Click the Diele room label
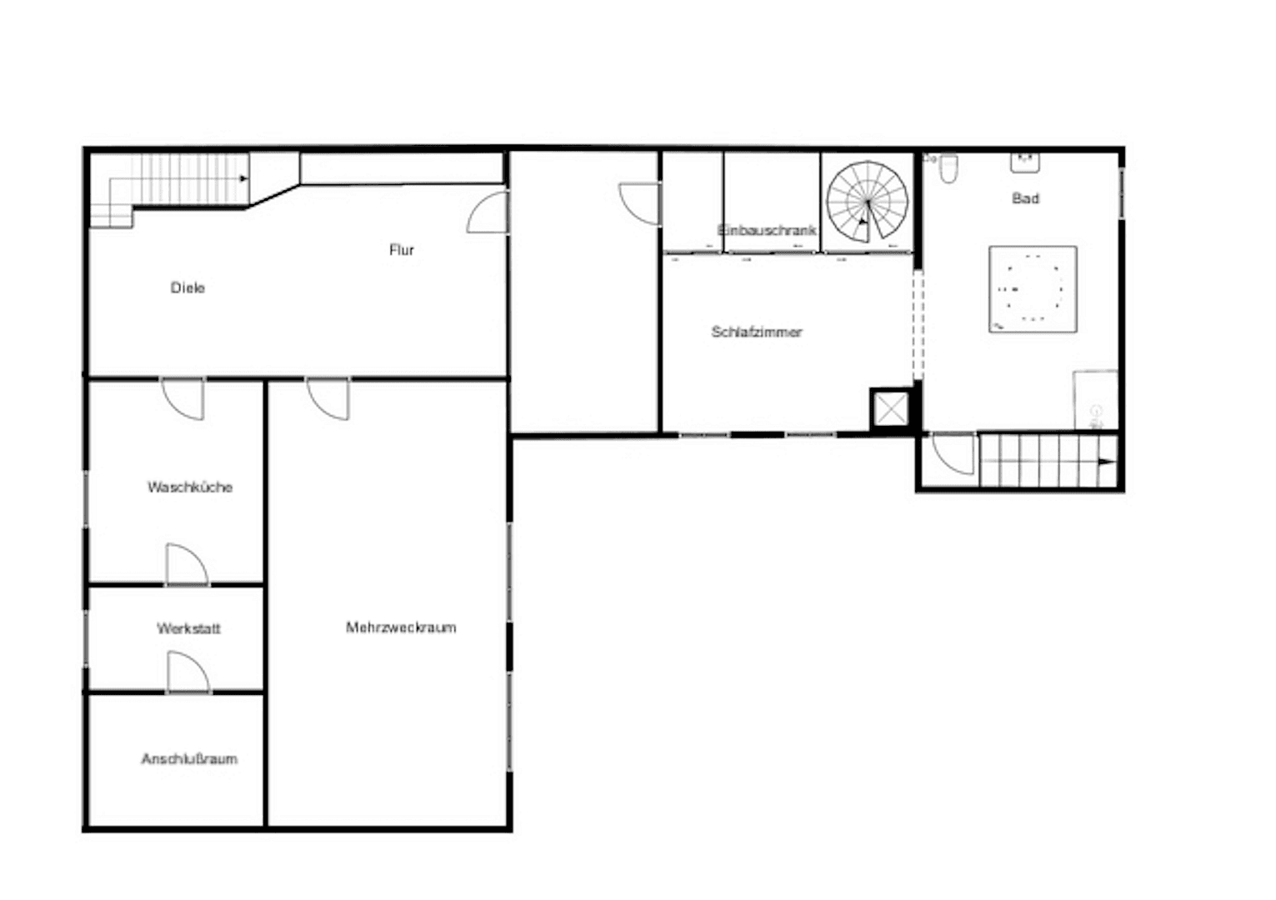tap(188, 288)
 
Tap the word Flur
tap(402, 250)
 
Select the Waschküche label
tap(190, 487)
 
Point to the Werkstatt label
tap(189, 628)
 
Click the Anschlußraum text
tap(189, 759)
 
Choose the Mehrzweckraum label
tap(401, 627)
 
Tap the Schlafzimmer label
tap(757, 332)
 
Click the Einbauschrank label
tap(767, 230)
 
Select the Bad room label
tap(1025, 198)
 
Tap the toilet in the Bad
tap(948, 169)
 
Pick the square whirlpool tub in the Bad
tap(1033, 289)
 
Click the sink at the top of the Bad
tap(1024, 162)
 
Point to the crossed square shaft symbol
tap(890, 409)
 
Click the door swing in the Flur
tap(488, 212)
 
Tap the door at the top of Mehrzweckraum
tap(328, 398)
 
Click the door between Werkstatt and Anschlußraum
tap(188, 672)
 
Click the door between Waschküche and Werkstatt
tap(186, 565)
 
